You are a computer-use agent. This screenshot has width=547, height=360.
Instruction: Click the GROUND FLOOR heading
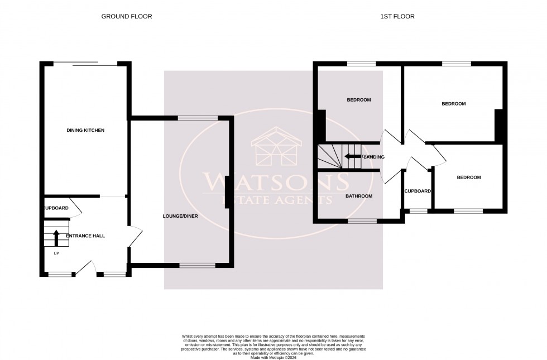click(x=126, y=17)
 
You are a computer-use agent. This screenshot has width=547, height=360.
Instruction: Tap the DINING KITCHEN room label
click(x=85, y=130)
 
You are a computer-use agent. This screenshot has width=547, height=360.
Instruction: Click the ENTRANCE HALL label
click(x=85, y=236)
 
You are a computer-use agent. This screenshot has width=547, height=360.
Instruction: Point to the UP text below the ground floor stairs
click(x=56, y=253)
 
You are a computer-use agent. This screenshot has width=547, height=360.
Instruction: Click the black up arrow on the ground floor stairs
click(x=56, y=238)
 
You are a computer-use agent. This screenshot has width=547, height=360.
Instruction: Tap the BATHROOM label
click(x=358, y=196)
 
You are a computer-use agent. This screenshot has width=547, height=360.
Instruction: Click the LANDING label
click(x=373, y=157)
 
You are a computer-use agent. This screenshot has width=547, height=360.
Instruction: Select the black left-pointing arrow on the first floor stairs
click(x=353, y=156)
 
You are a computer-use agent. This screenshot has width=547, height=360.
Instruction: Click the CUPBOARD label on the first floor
click(x=418, y=191)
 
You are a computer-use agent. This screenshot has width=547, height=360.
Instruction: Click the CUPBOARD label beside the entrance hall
click(x=56, y=208)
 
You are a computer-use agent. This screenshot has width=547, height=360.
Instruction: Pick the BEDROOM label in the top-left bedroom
click(x=359, y=100)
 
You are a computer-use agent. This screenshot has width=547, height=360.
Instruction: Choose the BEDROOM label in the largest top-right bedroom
click(x=453, y=104)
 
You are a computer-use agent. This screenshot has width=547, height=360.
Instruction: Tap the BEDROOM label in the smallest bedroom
click(x=468, y=177)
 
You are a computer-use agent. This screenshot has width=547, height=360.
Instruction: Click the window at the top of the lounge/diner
click(x=197, y=118)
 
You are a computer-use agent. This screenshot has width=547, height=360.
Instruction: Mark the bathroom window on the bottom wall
click(x=361, y=221)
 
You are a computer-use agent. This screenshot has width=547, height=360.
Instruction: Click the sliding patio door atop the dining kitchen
click(x=85, y=64)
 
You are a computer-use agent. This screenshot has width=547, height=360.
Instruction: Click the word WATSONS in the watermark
click(x=276, y=181)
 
